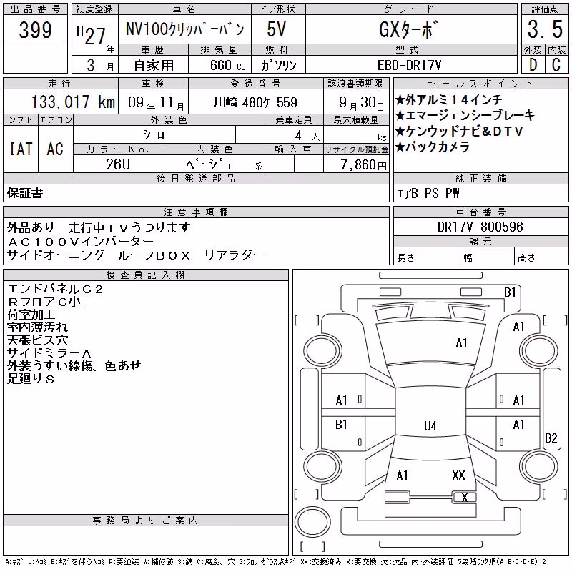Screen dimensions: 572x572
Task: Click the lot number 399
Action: click(35, 29)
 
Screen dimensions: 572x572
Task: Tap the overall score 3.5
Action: click(545, 29)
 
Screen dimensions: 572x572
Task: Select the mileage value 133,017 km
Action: click(73, 102)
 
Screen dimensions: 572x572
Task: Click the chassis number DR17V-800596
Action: click(480, 227)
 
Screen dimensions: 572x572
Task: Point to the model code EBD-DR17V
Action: click(409, 65)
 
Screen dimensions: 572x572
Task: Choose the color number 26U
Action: click(118, 164)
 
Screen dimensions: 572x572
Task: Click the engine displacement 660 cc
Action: click(227, 65)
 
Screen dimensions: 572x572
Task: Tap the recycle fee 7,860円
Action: click(363, 165)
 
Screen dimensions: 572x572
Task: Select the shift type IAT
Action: click(21, 149)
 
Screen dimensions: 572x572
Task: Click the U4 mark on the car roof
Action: click(430, 425)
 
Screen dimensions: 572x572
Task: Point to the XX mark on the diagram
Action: click(458, 475)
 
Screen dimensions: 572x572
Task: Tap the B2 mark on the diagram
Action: click(551, 438)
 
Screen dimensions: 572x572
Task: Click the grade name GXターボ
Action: click(408, 29)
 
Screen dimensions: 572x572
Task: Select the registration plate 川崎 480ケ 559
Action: click(255, 102)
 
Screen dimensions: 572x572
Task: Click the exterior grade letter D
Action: click(533, 65)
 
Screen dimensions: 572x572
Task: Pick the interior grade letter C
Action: click(556, 65)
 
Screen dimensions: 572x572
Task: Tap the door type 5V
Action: click(276, 29)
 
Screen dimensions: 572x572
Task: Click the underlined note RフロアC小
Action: click(44, 302)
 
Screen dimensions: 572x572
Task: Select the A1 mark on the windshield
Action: click(461, 343)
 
